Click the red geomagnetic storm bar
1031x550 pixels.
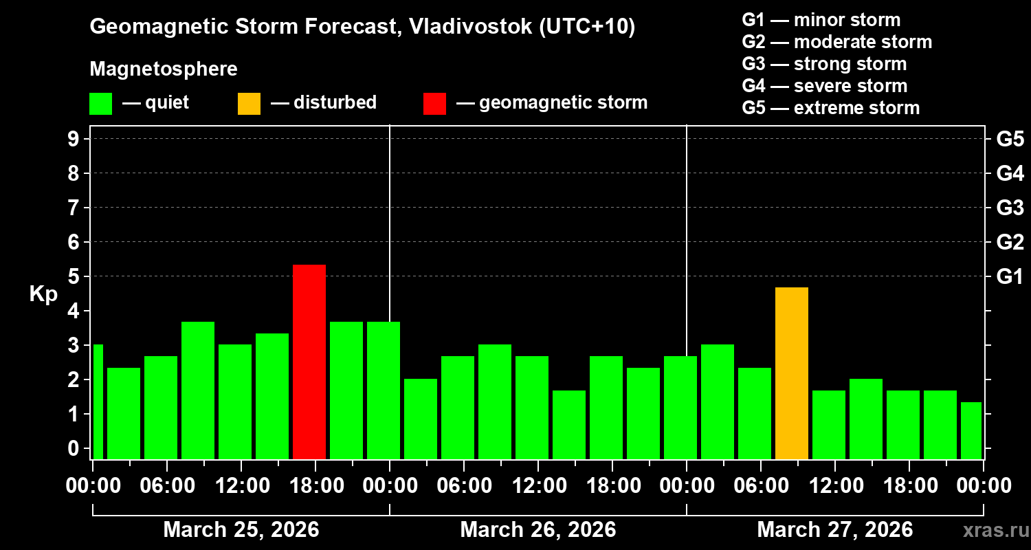pyautogui.click(x=309, y=362)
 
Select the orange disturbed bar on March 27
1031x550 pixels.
pyautogui.click(x=792, y=373)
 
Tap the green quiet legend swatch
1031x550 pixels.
pyautogui.click(x=100, y=103)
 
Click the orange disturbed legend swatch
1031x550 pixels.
pyautogui.click(x=249, y=103)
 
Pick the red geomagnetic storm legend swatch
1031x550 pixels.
pyautogui.click(x=434, y=103)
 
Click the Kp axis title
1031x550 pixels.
pyautogui.click(x=43, y=294)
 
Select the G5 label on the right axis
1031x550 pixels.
pyautogui.click(x=1010, y=139)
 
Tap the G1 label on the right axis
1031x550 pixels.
pyautogui.click(x=1010, y=276)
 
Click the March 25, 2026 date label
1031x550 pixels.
pyautogui.click(x=241, y=530)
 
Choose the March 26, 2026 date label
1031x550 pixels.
pyautogui.click(x=537, y=530)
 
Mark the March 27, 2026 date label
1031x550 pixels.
pyautogui.click(x=834, y=530)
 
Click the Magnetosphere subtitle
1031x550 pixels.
pyautogui.click(x=164, y=69)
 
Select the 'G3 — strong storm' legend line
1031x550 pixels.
pyautogui.click(x=824, y=64)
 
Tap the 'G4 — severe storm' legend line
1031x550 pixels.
pyautogui.click(x=824, y=86)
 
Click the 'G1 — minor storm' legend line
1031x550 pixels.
pyautogui.click(x=821, y=20)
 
